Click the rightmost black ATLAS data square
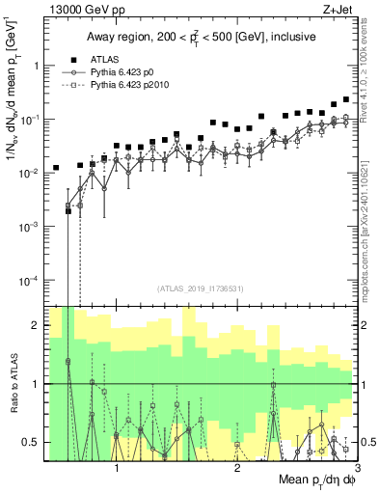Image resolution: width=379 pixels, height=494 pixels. click(346, 99)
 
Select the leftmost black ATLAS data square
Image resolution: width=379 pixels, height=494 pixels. click(56, 168)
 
